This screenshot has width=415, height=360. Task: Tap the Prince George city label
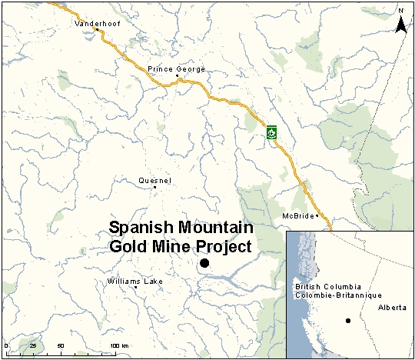click(x=176, y=69)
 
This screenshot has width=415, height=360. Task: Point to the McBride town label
click(x=298, y=215)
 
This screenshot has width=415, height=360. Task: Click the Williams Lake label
click(x=135, y=282)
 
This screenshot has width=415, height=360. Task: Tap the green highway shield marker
click(x=271, y=132)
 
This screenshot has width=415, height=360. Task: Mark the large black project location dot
click(x=204, y=264)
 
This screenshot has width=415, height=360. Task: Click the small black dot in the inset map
click(x=347, y=321)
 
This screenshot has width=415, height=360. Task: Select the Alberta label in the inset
click(x=392, y=307)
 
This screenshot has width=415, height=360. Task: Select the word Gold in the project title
click(x=125, y=247)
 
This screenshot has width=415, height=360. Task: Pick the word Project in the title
click(x=223, y=247)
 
